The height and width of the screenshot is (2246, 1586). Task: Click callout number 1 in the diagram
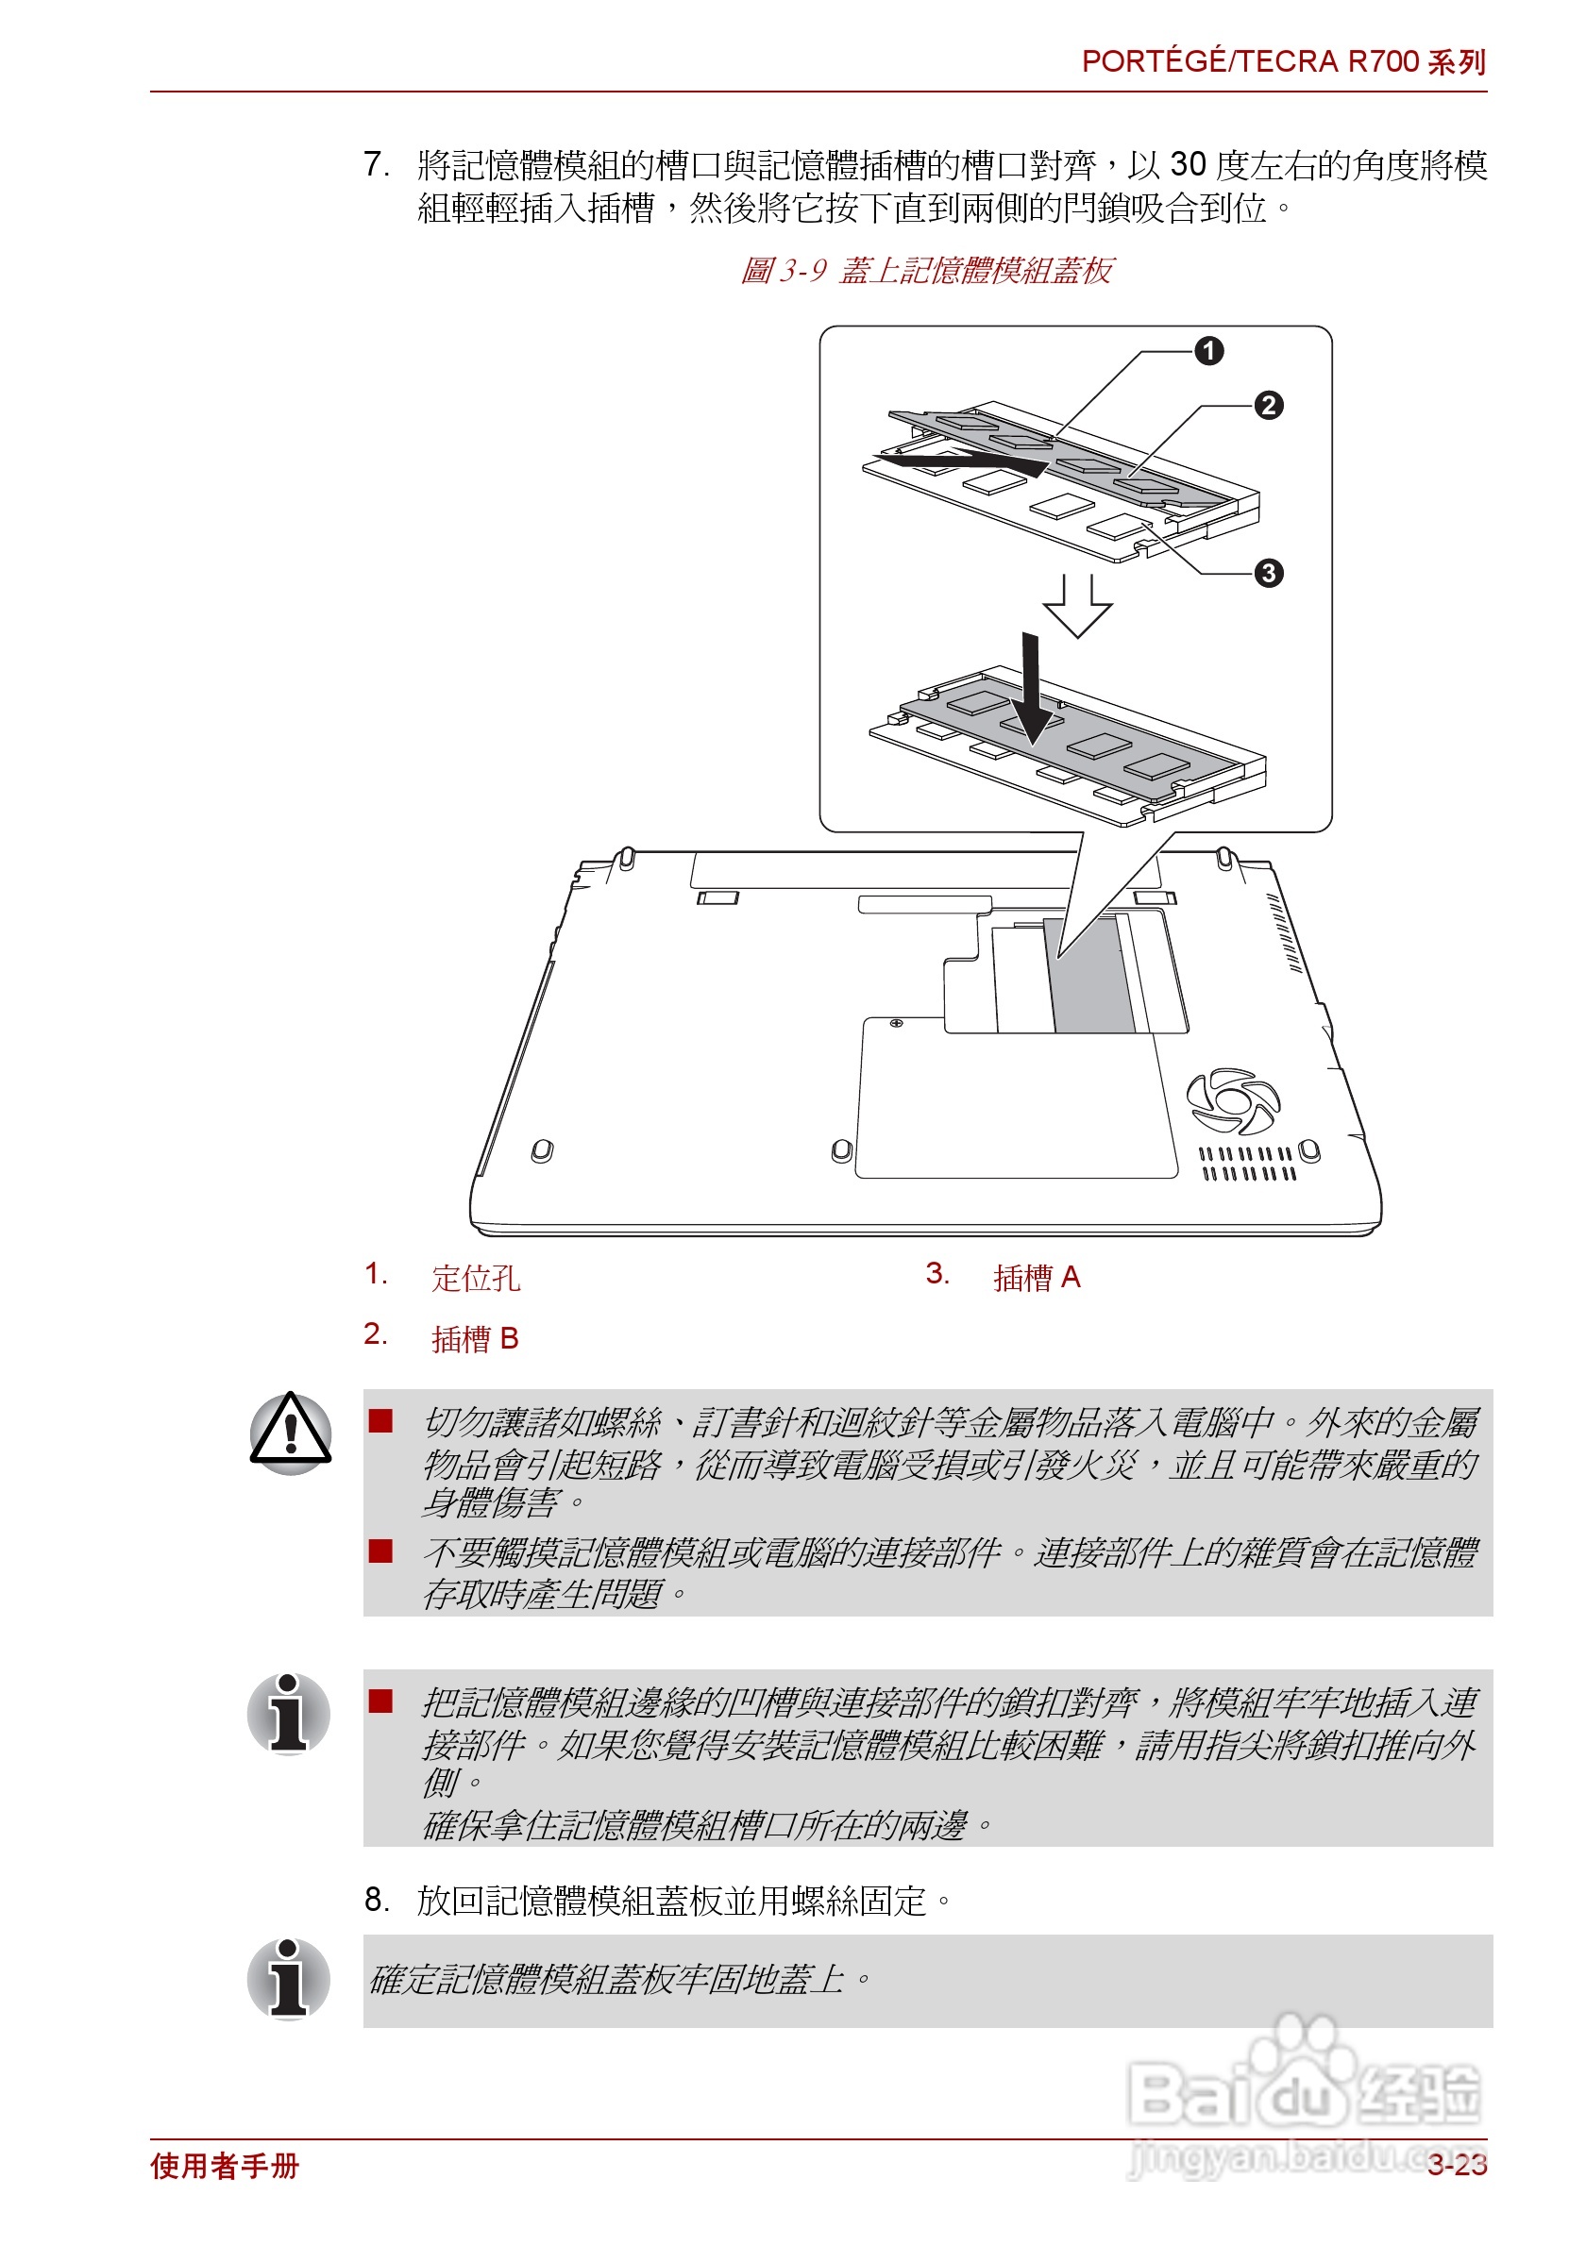point(1208,350)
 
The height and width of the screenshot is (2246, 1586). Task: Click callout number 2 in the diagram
point(1268,405)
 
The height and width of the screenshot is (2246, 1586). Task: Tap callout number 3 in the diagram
point(1268,573)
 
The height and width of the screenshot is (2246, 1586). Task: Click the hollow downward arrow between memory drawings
point(1076,607)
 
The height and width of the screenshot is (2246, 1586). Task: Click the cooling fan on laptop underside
point(1232,1101)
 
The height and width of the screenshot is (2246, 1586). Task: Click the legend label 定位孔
point(476,1279)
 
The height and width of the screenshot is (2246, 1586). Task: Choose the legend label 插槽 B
point(476,1338)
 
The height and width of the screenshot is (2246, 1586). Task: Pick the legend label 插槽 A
point(1037,1278)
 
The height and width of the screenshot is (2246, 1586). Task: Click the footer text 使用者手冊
point(224,2166)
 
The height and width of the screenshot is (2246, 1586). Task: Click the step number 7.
point(375,164)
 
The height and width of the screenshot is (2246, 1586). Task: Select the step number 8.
point(376,1900)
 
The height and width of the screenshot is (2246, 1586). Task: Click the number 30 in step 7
point(1187,164)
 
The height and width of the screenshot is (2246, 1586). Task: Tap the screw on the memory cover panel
point(895,1023)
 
